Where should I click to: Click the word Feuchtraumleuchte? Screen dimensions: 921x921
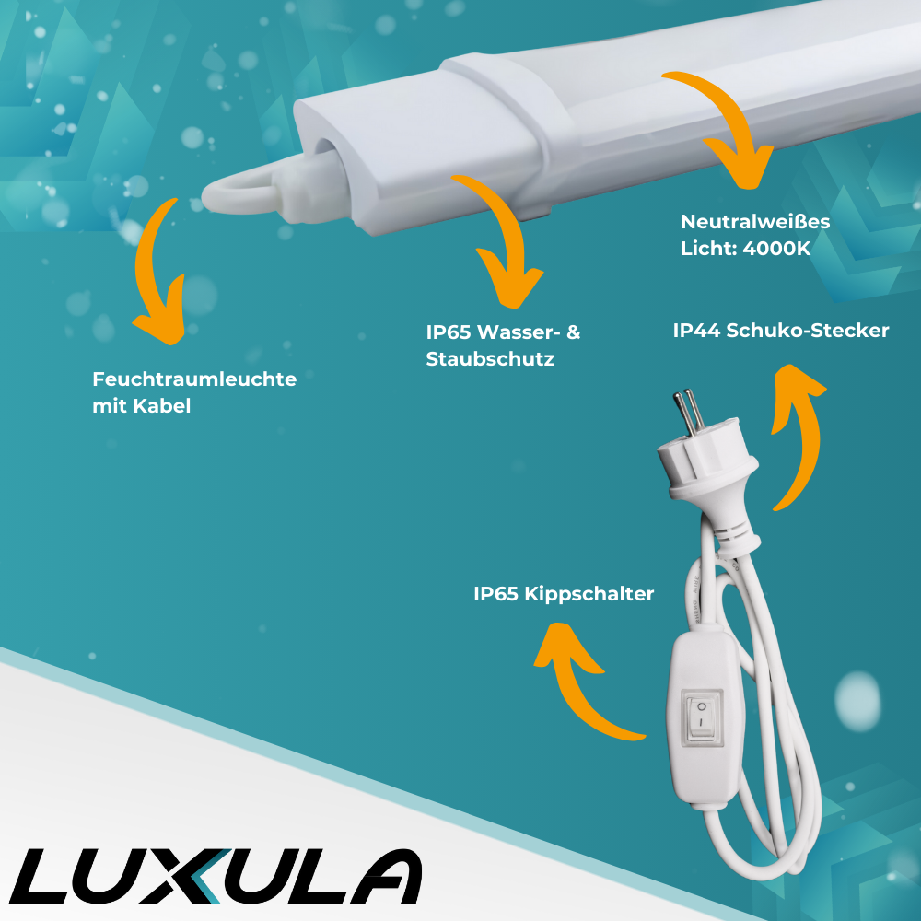pyautogui.click(x=194, y=379)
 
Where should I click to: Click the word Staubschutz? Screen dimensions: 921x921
pyautogui.click(x=490, y=359)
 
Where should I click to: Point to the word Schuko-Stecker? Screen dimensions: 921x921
pyautogui.click(x=808, y=331)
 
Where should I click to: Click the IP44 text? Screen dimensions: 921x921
pyautogui.click(x=696, y=331)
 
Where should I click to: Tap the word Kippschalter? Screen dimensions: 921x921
pyautogui.click(x=589, y=594)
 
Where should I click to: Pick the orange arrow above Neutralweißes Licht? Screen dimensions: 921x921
pyautogui.click(x=728, y=129)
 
